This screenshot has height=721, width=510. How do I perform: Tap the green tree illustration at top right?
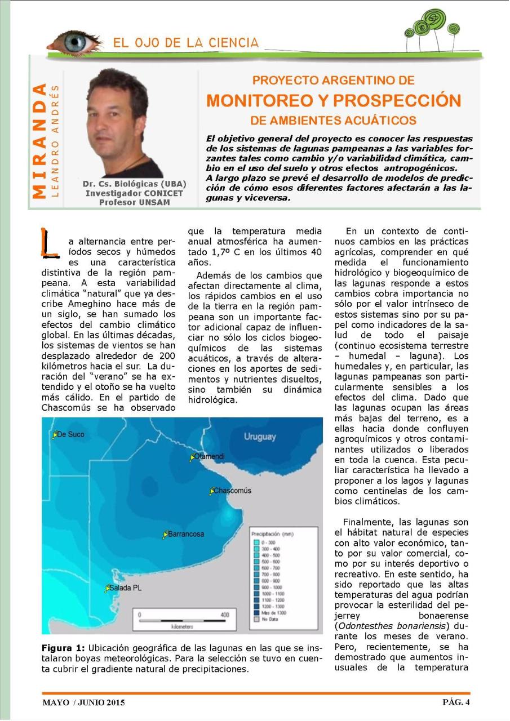pyautogui.click(x=431, y=29)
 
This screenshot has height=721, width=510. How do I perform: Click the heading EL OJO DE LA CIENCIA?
pyautogui.click(x=185, y=43)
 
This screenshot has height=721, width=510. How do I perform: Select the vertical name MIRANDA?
pyautogui.click(x=39, y=141)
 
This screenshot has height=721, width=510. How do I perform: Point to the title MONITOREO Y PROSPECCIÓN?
pyautogui.click(x=334, y=101)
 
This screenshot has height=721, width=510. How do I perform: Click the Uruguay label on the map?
pyautogui.click(x=260, y=437)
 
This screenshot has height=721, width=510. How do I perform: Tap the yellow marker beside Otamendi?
pyautogui.click(x=192, y=457)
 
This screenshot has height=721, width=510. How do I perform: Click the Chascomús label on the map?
pyautogui.click(x=232, y=491)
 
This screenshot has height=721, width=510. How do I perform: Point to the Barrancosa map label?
pyautogui.click(x=186, y=534)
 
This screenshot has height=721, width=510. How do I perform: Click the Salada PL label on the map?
pyautogui.click(x=126, y=588)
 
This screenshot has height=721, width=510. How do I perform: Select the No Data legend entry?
pyautogui.click(x=268, y=618)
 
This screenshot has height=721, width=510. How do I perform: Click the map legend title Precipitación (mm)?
pyautogui.click(x=272, y=532)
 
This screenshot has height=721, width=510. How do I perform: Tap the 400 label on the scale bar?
pyautogui.click(x=225, y=615)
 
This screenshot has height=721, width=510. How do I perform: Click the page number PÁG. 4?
pyautogui.click(x=455, y=702)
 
